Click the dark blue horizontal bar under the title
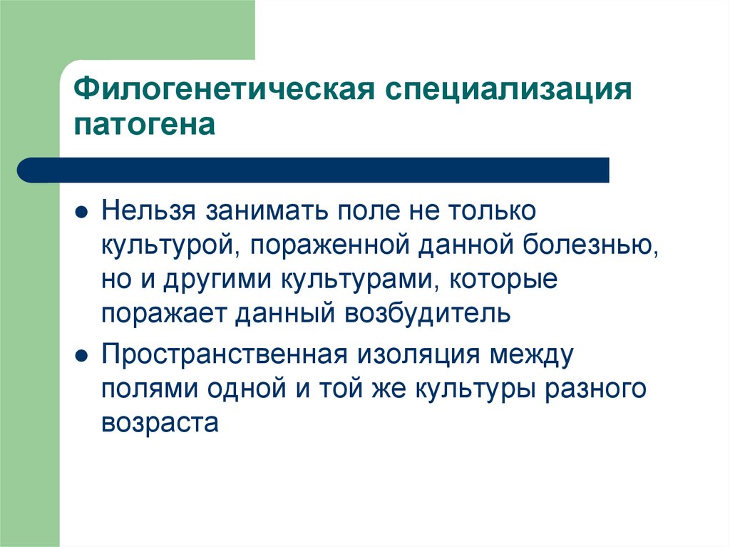point(314,170)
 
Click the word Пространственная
point(225,353)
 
